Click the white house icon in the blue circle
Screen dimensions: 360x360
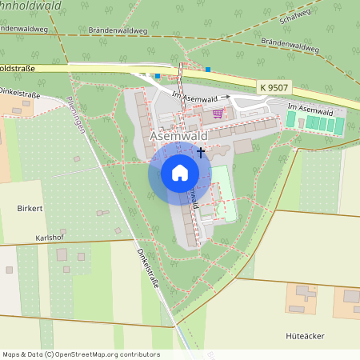pyautogui.click(x=179, y=173)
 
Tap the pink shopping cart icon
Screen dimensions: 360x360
pyautogui.click(x=218, y=114)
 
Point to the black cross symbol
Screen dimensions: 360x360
pyautogui.click(x=201, y=151)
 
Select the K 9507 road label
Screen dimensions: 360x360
pyautogui.click(x=274, y=85)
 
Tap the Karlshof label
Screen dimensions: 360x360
pyautogui.click(x=50, y=238)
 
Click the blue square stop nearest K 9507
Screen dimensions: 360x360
pyautogui.click(x=208, y=70)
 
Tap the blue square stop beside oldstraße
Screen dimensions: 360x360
pyautogui.click(x=158, y=76)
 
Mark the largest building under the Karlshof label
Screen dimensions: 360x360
pyautogui.click(x=82, y=256)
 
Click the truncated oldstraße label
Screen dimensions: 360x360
pyautogui.click(x=18, y=69)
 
